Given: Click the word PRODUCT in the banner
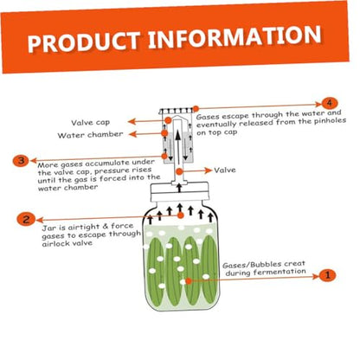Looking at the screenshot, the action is click(x=84, y=42).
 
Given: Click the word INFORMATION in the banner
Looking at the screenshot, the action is click(x=235, y=36).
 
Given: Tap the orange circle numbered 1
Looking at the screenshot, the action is click(x=327, y=275).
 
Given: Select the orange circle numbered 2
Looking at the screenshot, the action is click(x=26, y=219).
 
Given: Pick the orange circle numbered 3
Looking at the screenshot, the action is click(x=21, y=160).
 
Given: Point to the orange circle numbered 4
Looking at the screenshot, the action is click(x=329, y=104).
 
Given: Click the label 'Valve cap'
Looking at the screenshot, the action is click(x=91, y=123).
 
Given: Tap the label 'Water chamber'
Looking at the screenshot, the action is click(x=90, y=135).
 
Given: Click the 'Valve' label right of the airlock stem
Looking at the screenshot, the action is click(x=225, y=170).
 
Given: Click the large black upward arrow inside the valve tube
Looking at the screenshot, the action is click(x=178, y=147).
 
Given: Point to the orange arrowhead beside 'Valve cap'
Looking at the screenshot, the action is click(x=132, y=121).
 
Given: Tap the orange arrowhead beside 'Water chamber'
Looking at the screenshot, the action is click(x=132, y=134).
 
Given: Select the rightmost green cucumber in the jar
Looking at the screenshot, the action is click(x=209, y=268).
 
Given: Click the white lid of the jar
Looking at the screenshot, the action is click(x=179, y=191).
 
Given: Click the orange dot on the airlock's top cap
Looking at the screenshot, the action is click(x=196, y=109).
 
